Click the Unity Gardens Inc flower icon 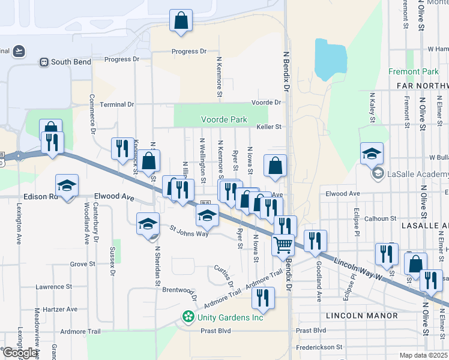pos(188,316)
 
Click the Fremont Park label pos(414,71)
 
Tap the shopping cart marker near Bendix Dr pos(283,245)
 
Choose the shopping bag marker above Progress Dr pos(181,21)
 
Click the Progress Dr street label pos(188,52)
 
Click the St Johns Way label pos(188,230)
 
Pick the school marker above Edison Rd pos(67,186)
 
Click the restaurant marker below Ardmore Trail pos(262,297)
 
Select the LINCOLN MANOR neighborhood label pos(362,315)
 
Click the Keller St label pos(269,127)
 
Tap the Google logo pos(20,353)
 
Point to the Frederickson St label pos(319,347)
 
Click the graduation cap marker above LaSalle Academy pos(372,154)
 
